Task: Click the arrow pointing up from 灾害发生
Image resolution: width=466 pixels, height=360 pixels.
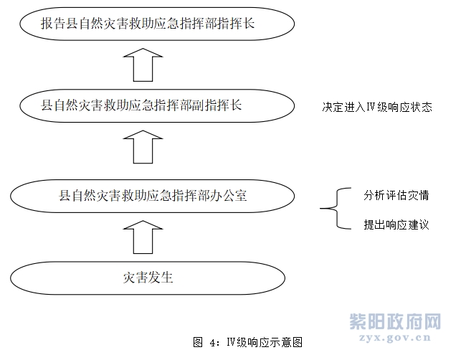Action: [143, 237]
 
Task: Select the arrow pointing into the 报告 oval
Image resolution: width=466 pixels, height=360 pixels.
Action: [143, 65]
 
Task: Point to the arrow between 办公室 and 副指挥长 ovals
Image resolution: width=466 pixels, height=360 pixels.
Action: [143, 147]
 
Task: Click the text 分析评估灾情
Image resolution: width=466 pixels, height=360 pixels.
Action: [396, 195]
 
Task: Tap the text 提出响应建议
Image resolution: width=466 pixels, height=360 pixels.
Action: [396, 224]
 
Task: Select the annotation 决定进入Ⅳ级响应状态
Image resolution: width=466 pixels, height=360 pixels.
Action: [377, 107]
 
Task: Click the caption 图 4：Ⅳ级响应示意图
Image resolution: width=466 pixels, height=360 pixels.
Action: [247, 342]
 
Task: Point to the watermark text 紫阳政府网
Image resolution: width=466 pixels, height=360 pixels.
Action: [395, 322]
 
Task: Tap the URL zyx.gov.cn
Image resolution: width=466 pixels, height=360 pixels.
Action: [395, 338]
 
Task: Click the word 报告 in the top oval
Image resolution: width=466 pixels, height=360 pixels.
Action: [53, 24]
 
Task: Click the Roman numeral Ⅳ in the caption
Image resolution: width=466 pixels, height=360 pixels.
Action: [232, 342]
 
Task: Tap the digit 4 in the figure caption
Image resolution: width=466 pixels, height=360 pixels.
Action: [212, 343]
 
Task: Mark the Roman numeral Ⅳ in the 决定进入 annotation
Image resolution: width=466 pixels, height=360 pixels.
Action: [371, 107]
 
